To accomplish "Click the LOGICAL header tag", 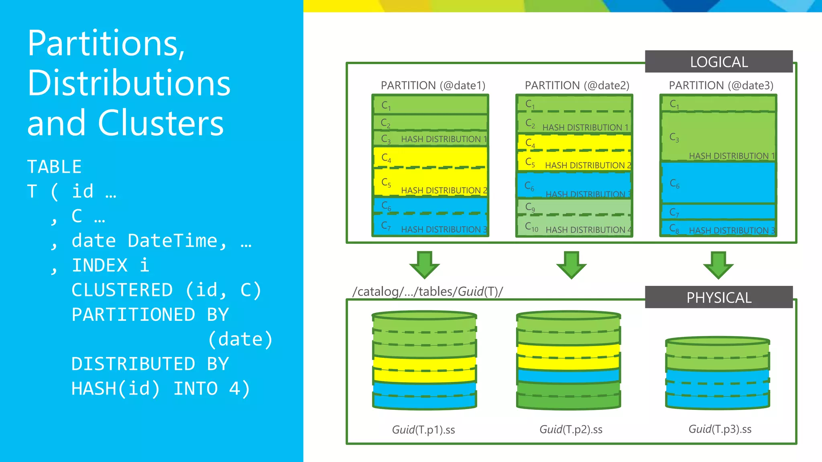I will pyautogui.click(x=718, y=62).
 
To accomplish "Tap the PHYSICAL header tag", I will pyautogui.click(x=718, y=298).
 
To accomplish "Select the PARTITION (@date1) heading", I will pyautogui.click(x=433, y=85).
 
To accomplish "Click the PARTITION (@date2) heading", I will pyautogui.click(x=577, y=85).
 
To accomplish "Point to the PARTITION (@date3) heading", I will pyautogui.click(x=721, y=85).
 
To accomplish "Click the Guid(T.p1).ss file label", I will pyautogui.click(x=423, y=430).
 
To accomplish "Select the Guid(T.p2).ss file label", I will pyautogui.click(x=571, y=430).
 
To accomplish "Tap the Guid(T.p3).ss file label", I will pyautogui.click(x=720, y=429).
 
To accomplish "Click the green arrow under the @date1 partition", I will pyautogui.click(x=424, y=265).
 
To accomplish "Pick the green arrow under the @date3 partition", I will pyautogui.click(x=718, y=265).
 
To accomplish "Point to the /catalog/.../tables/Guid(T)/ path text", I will pyautogui.click(x=427, y=292).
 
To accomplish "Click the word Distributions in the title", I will pyautogui.click(x=129, y=83).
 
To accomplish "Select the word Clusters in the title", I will pyautogui.click(x=161, y=123).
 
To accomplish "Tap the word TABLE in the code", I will pyautogui.click(x=54, y=167).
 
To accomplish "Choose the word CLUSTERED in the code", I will pyautogui.click(x=122, y=290).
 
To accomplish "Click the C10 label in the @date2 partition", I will pyautogui.click(x=531, y=227).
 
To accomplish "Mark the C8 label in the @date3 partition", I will pyautogui.click(x=674, y=229).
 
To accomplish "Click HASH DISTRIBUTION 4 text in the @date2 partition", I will pyautogui.click(x=588, y=230).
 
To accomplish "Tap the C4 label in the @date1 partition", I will pyautogui.click(x=386, y=158).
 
